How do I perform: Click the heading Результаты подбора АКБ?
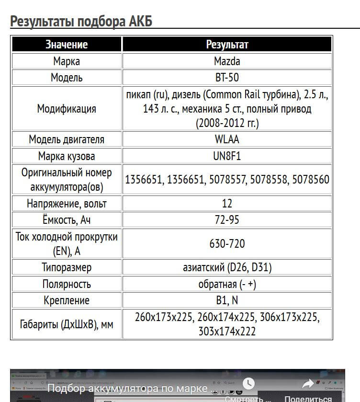(81, 22)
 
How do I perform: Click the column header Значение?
(67, 45)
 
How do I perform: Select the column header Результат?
(227, 45)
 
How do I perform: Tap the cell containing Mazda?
(227, 61)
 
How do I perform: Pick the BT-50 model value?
(227, 77)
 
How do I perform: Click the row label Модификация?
(67, 109)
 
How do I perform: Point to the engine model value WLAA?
(227, 139)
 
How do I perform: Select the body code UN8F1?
(227, 156)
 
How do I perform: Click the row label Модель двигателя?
(67, 139)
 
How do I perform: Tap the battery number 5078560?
(311, 180)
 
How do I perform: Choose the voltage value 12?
(227, 203)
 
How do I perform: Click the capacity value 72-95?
(227, 219)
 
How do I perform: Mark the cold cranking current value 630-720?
(227, 244)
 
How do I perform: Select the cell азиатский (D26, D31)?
(227, 267)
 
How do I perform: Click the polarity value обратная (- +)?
(227, 284)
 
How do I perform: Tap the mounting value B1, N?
(227, 300)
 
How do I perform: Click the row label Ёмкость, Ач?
(67, 219)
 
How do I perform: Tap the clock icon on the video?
(248, 383)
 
